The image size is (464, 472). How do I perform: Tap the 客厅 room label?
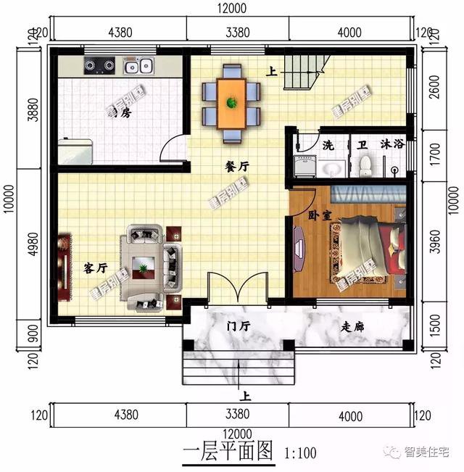pos(95,268)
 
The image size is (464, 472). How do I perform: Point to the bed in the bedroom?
pos(370,250)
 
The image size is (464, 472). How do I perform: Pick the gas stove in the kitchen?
pos(100,66)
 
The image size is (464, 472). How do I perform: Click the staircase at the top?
pos(300,72)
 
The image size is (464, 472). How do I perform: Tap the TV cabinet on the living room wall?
pos(64,267)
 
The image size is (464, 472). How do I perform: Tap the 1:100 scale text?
pos(297,455)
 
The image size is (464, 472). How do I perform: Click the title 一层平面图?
pos(228,453)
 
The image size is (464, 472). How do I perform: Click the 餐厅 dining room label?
pos(237,166)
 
